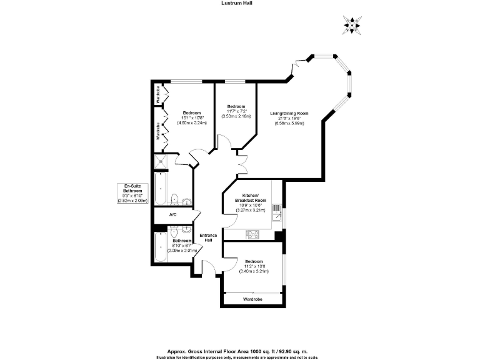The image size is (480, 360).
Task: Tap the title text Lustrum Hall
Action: click(x=239, y=3)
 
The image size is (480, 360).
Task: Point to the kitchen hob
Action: click(x=253, y=234)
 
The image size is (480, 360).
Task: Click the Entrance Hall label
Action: click(x=207, y=238)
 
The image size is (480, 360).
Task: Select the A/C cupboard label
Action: click(x=172, y=214)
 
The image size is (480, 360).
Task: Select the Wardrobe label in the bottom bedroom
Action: click(x=252, y=299)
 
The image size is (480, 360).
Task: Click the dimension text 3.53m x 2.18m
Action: click(x=236, y=116)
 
